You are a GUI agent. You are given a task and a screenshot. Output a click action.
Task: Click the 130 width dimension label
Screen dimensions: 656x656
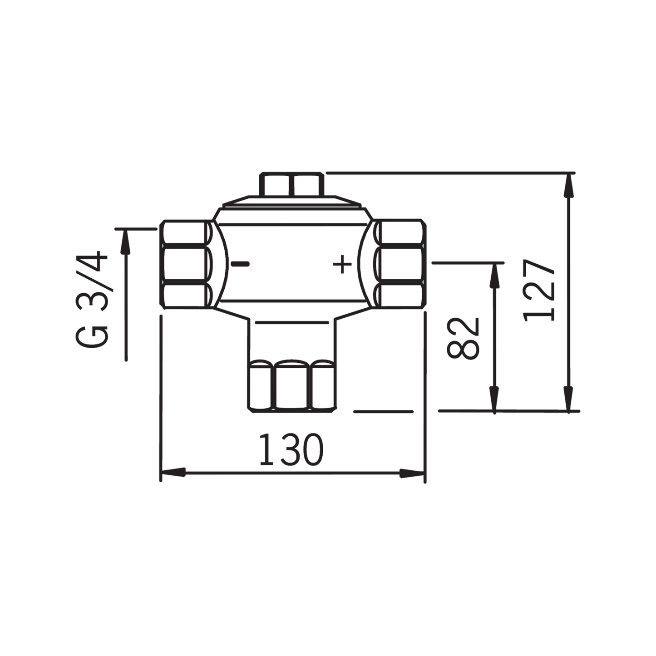tap(291, 450)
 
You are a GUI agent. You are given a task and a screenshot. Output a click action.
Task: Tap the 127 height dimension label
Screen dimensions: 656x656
tap(539, 291)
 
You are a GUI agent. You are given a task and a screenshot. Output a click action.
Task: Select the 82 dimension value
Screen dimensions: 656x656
tap(463, 338)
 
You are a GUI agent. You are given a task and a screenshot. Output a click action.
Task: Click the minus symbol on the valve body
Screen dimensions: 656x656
tap(240, 264)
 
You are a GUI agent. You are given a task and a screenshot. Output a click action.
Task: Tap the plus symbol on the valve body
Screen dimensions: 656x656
tap(342, 264)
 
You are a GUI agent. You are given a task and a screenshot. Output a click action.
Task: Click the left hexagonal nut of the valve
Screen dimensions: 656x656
tap(186, 265)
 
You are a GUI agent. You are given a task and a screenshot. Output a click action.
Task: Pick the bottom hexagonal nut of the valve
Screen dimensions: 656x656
tap(291, 386)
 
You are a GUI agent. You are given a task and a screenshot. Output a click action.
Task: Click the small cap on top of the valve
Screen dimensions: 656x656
tap(292, 184)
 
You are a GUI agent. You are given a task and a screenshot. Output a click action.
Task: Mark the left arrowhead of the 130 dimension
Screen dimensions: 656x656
tap(173, 473)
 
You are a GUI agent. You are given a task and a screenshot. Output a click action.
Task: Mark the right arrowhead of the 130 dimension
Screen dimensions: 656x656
tap(412, 473)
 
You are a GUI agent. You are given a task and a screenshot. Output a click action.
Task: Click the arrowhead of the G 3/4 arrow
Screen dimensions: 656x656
tap(126, 241)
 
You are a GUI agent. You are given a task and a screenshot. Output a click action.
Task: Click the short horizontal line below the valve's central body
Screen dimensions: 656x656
tap(292, 322)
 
